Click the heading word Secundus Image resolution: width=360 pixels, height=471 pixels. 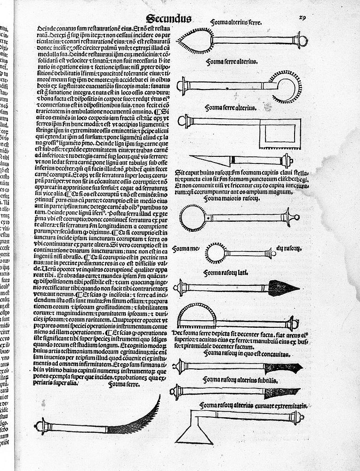tap(168, 18)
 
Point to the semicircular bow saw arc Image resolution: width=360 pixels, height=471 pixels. tap(198, 313)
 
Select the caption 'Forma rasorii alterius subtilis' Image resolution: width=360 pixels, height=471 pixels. tap(241, 379)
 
